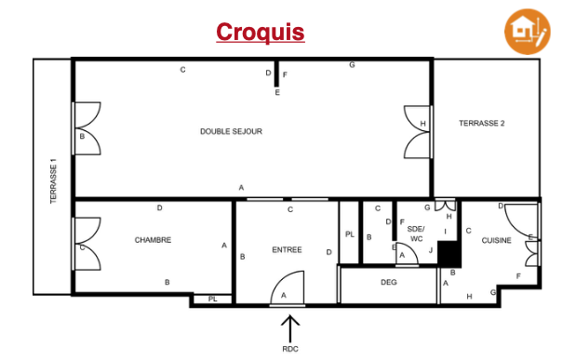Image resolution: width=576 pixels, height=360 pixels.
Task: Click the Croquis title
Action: [260, 33]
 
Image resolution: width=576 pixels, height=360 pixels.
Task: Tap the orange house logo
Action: [527, 32]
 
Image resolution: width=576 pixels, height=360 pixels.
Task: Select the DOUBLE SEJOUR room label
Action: [231, 131]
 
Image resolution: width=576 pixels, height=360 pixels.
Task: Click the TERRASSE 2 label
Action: [482, 124]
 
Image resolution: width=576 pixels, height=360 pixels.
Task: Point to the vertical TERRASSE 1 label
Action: [54, 180]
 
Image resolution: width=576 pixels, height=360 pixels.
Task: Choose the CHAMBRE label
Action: [153, 240]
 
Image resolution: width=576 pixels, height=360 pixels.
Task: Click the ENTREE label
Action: [287, 250]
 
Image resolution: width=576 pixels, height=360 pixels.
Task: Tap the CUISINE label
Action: [496, 240]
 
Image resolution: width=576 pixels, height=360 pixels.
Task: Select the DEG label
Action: [389, 282]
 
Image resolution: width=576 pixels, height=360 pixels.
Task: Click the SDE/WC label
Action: [416, 234]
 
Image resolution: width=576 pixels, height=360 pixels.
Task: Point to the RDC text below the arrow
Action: [290, 349]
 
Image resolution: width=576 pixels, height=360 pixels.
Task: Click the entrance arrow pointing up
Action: [290, 328]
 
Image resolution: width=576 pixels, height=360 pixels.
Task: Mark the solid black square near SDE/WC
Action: [449, 254]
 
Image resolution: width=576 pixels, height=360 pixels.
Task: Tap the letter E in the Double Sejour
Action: [277, 92]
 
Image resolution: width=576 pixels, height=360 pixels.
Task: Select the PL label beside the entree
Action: [350, 234]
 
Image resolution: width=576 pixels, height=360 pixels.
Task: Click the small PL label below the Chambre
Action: [213, 299]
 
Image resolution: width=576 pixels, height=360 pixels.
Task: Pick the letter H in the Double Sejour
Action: [422, 124]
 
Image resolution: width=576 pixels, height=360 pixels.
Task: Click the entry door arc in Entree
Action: [283, 279]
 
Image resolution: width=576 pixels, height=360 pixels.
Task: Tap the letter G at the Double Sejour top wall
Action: [352, 65]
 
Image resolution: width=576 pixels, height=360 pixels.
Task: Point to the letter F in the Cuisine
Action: [518, 276]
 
